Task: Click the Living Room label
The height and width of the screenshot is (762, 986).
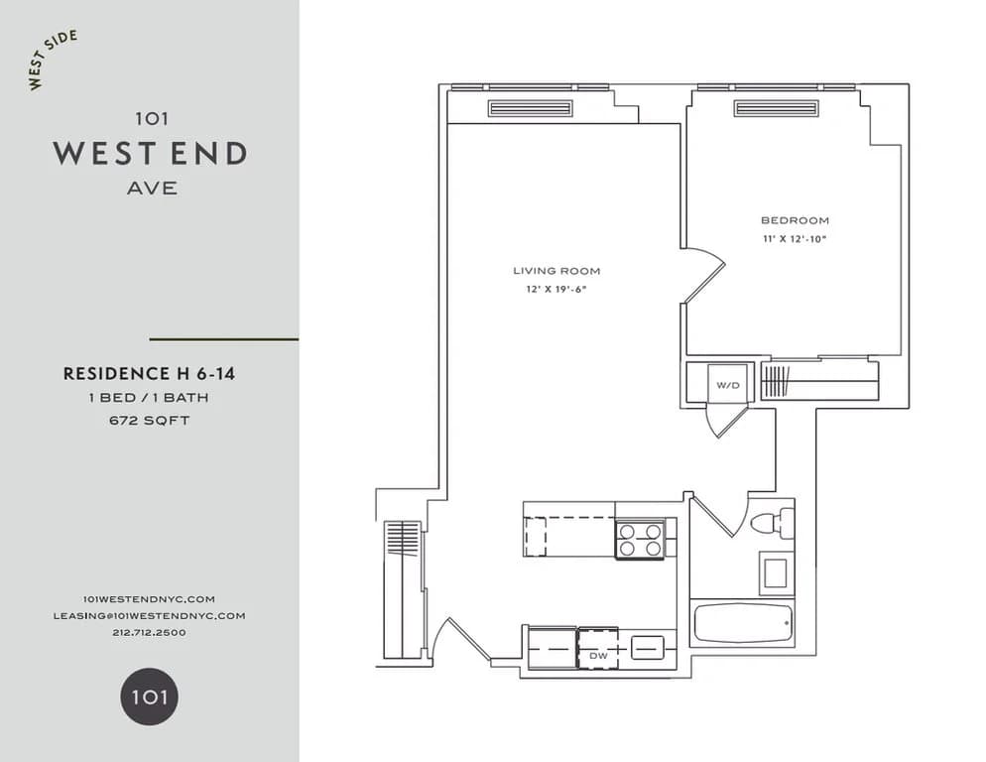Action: [x=555, y=271]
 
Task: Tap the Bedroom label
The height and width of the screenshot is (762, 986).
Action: [x=794, y=220]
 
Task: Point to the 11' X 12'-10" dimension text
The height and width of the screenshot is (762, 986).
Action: [x=794, y=239]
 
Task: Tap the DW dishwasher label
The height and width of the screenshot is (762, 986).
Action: [x=598, y=656]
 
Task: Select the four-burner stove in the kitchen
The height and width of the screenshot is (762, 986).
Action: [x=640, y=541]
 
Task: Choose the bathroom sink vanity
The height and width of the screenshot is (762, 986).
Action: [x=774, y=573]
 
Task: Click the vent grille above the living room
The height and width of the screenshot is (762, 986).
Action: [x=530, y=108]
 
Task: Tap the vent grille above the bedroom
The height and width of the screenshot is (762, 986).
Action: [x=776, y=108]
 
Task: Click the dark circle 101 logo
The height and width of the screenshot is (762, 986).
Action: [x=150, y=697]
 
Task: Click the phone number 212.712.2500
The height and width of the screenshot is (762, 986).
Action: [x=149, y=632]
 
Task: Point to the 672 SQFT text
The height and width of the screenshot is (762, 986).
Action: [x=149, y=420]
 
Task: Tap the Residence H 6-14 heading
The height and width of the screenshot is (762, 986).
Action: [x=149, y=374]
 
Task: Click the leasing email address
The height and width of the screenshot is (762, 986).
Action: [x=149, y=615]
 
